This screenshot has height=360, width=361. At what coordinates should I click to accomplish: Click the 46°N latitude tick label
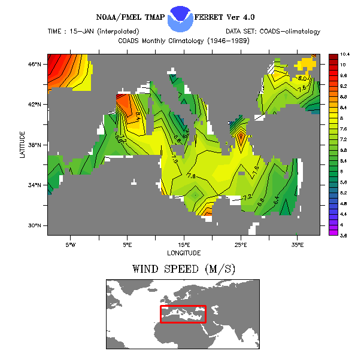35,64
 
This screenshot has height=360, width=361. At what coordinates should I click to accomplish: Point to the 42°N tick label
35,104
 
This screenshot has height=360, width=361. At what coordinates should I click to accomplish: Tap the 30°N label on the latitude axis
35,225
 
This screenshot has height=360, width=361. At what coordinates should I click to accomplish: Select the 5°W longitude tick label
70,244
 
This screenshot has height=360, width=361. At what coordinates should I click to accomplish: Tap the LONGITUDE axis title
184,252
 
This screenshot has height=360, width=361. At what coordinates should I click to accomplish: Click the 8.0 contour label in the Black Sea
303,78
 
